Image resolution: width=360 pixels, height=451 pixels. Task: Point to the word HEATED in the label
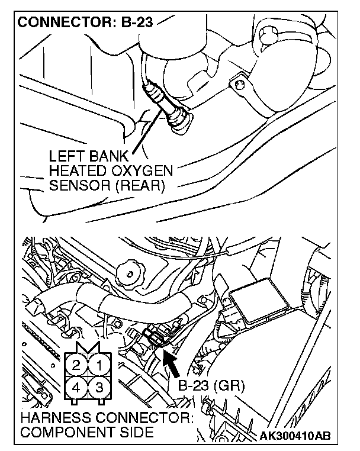(x=75, y=172)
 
